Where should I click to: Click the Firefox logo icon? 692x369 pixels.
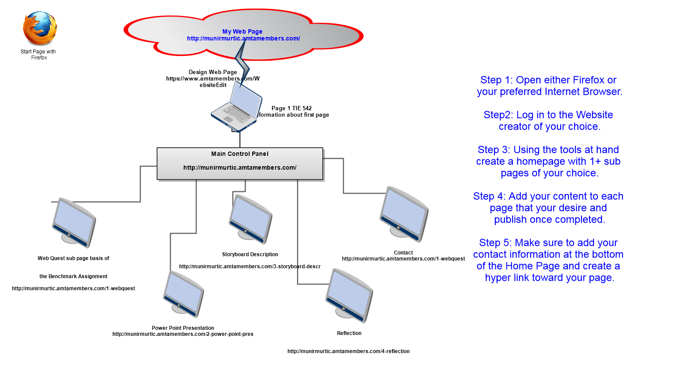[40, 28]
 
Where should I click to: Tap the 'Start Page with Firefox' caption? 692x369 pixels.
[38, 55]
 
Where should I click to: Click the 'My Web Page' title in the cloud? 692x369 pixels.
[242, 31]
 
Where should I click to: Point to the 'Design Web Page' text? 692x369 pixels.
[213, 72]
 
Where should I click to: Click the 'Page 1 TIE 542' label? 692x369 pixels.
[291, 109]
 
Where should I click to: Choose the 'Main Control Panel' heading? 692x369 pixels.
[240, 154]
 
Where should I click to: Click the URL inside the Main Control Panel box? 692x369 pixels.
[240, 167]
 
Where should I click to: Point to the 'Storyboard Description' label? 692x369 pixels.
[250, 254]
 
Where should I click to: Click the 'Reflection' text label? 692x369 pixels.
[349, 333]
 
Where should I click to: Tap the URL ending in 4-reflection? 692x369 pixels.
[349, 351]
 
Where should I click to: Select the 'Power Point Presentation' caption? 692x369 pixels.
[183, 328]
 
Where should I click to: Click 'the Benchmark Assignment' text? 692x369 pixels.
[74, 276]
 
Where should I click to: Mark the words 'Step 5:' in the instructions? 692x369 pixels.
[495, 243]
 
